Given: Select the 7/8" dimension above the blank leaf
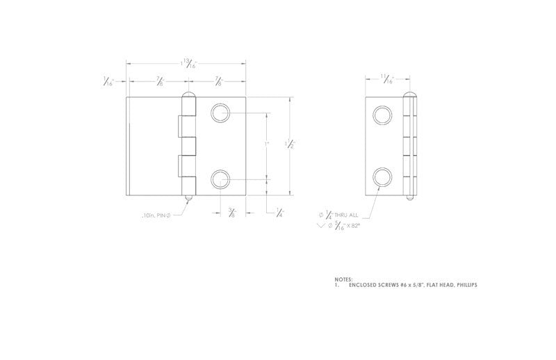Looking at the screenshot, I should [159, 81].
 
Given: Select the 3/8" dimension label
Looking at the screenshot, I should [232, 212].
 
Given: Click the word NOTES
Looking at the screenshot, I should [343, 279].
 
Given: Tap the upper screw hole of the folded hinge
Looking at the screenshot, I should [382, 115].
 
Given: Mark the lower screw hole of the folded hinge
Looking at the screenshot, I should [382, 177].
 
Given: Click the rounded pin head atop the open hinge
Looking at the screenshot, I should [188, 95].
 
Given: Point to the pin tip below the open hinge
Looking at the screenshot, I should [188, 199].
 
